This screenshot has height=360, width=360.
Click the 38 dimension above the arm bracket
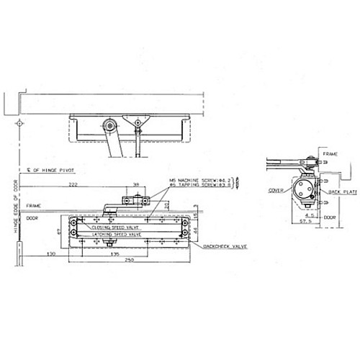[137, 185]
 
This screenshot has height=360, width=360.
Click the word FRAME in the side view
[330, 155]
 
